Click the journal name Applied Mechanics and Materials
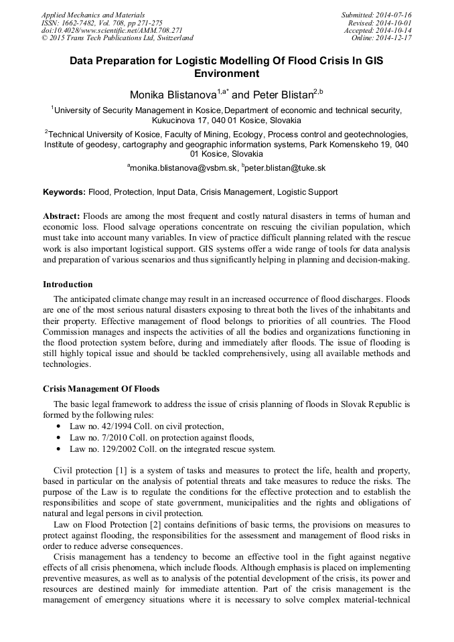(93, 15)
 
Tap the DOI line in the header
(111, 31)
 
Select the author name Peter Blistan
(281, 96)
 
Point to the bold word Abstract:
(62, 216)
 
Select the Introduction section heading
(68, 285)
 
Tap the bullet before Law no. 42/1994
(60, 426)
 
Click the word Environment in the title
(226, 74)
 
